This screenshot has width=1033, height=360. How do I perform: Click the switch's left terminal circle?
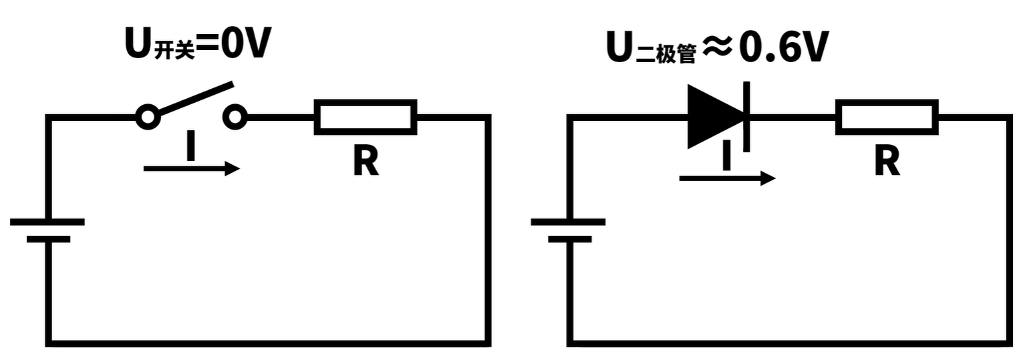click(148, 118)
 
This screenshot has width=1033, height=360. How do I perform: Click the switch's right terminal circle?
click(235, 118)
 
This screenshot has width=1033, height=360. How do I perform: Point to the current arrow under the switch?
click(191, 169)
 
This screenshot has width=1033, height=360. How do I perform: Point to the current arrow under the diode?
click(727, 178)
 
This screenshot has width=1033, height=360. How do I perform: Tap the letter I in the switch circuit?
click(191, 147)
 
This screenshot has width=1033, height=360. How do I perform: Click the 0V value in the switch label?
click(245, 44)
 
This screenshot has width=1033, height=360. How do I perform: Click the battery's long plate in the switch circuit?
click(47, 222)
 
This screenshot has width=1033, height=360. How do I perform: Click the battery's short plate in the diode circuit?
click(569, 239)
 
